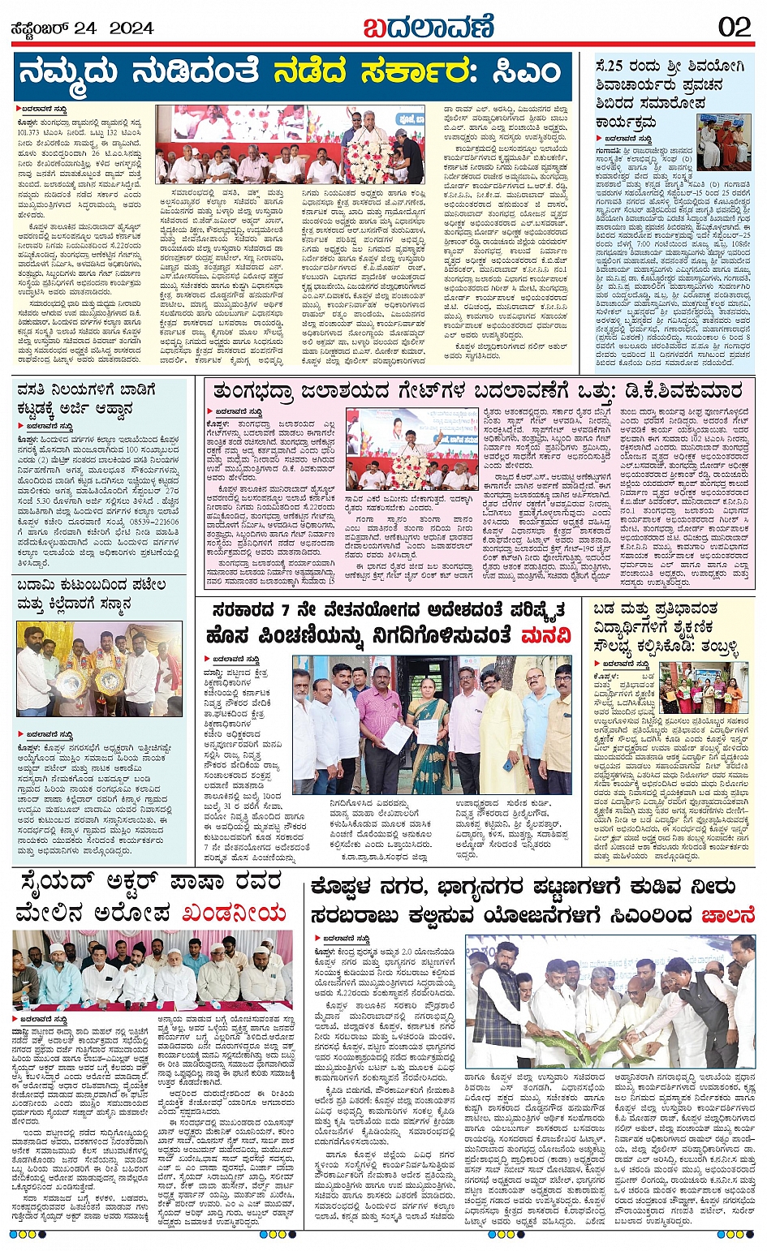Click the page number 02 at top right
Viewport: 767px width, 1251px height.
tap(734, 27)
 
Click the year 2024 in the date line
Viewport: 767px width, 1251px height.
tap(131, 29)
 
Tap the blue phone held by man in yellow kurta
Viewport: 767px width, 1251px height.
tap(507, 764)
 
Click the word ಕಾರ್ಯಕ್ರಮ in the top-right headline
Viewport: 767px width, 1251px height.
tap(626, 123)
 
